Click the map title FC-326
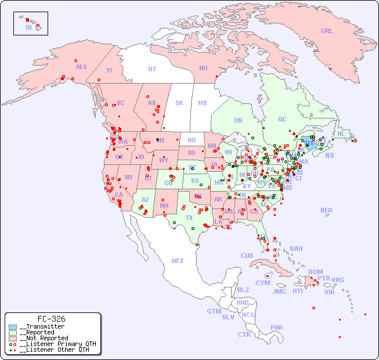click(51, 319)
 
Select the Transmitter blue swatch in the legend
click(13, 327)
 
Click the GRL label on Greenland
click(327, 31)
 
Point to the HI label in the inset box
click(28, 27)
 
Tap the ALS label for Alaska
click(81, 67)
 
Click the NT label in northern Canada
click(151, 69)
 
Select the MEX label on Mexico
click(178, 261)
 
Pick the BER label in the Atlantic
click(327, 210)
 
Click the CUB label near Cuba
click(247, 255)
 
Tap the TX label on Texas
click(189, 218)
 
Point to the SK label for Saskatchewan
click(179, 103)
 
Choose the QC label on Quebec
click(282, 119)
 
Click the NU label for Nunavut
click(203, 68)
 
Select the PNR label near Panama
click(277, 327)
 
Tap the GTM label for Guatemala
click(214, 311)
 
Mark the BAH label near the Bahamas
click(296, 249)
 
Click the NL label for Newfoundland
click(341, 133)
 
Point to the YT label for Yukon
click(109, 70)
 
